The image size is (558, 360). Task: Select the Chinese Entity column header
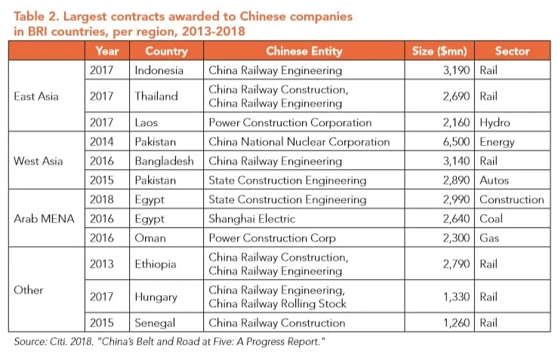[x=304, y=51]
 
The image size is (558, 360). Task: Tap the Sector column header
[x=512, y=51]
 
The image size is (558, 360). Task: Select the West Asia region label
[x=39, y=161]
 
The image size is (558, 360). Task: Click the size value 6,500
[x=457, y=141]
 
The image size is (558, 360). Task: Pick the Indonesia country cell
[x=159, y=70]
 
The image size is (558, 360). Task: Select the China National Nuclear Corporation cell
[x=299, y=141]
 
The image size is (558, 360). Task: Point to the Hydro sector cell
[x=495, y=122]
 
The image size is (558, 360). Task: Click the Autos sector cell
[x=495, y=180]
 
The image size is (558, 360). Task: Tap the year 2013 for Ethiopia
[x=102, y=264]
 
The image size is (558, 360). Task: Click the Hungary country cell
[x=156, y=297]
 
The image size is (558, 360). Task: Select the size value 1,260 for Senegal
[x=457, y=323]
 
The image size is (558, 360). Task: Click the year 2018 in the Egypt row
[x=102, y=200]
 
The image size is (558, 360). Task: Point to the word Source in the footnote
[x=32, y=341]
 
